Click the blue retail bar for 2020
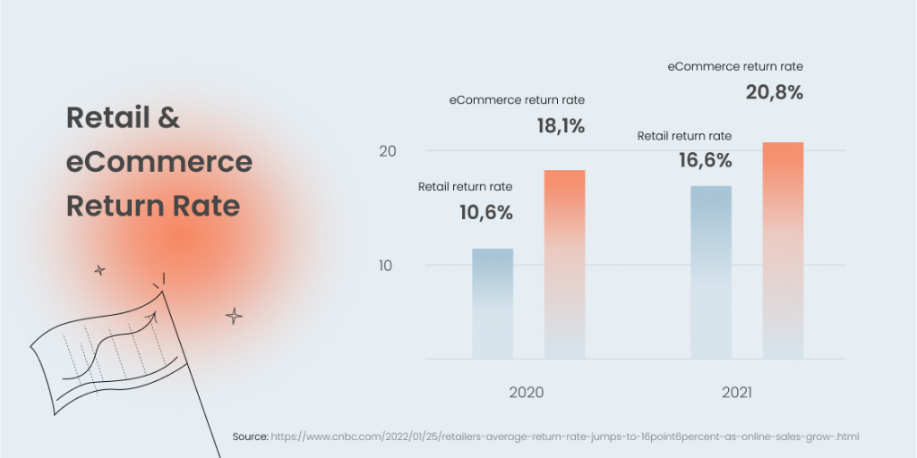point(493,304)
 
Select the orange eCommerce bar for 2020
point(564,265)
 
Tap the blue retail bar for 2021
point(711,273)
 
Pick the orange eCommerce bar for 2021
point(783,250)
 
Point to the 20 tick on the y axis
point(387,151)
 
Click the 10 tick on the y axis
point(387,266)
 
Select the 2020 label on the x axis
point(527,393)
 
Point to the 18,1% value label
point(560,126)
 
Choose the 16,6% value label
point(707,161)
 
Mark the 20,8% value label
point(775,92)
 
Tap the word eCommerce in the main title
point(159,163)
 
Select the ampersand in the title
point(169,118)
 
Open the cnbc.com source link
point(565,437)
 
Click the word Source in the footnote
point(250,437)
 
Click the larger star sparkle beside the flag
point(234,316)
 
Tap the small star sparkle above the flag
point(99,270)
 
